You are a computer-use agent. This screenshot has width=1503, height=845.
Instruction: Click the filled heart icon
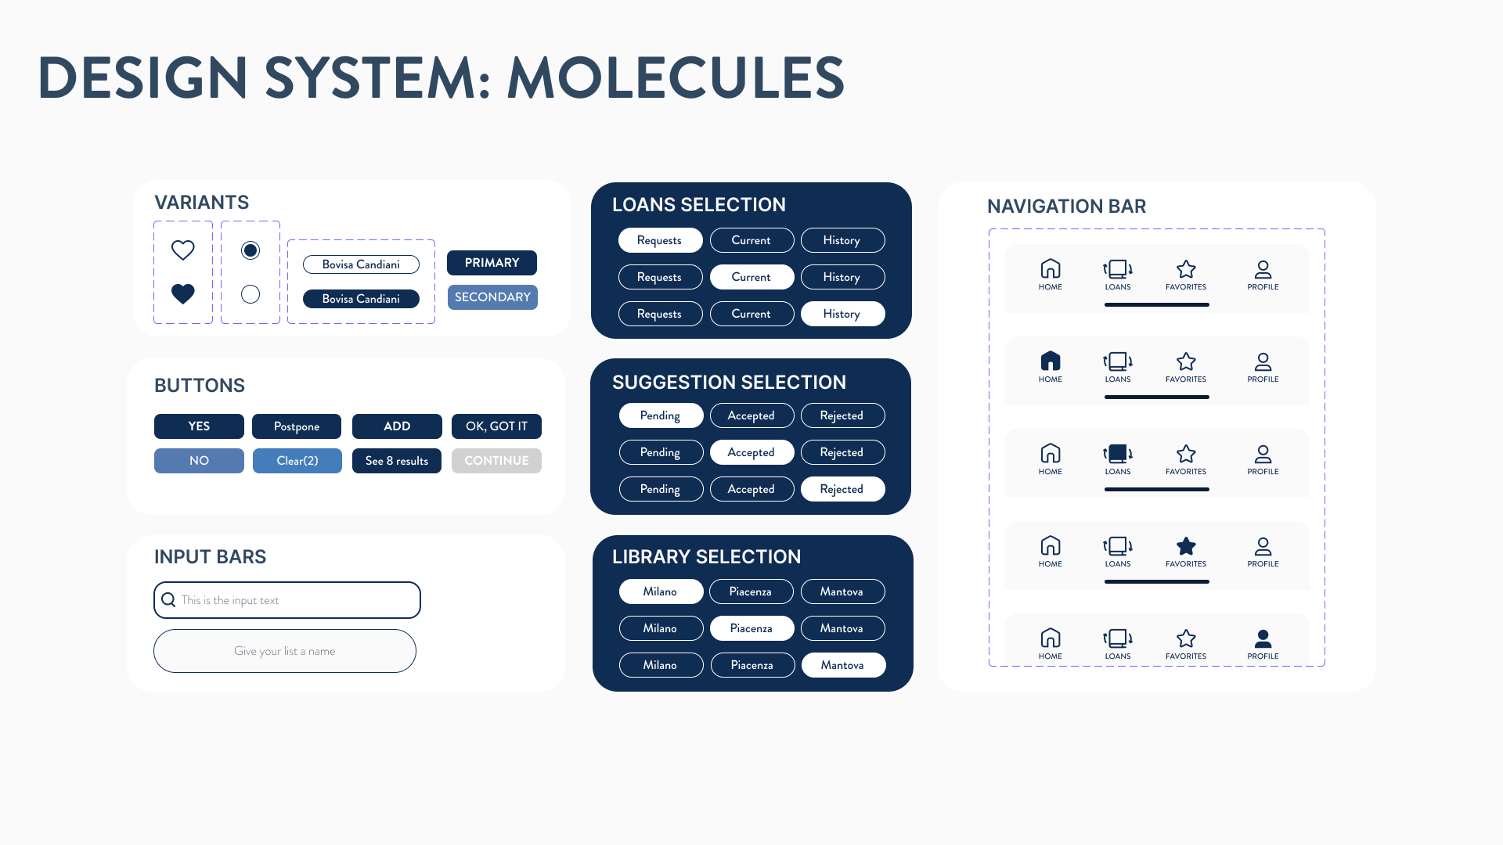coord(183,294)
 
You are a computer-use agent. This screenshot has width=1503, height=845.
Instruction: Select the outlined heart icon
coord(183,250)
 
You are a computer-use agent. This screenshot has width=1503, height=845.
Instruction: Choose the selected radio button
coord(250,250)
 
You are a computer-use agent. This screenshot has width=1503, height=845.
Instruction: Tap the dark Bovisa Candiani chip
coord(361,299)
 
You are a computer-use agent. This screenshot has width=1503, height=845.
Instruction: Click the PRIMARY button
coord(492,263)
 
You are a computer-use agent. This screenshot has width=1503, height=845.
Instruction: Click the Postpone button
coord(297,426)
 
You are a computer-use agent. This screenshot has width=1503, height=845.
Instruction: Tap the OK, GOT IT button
coord(496,426)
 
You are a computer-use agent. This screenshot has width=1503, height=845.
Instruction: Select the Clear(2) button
coord(297,461)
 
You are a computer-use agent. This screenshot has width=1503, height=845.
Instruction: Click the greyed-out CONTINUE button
coord(496,461)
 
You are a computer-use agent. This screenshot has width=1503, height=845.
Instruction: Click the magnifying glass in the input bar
coord(168,600)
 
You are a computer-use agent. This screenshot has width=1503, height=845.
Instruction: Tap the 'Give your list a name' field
coord(285,651)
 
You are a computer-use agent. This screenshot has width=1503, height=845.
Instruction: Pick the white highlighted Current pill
coord(751,277)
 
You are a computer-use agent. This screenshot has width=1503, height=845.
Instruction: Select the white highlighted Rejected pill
coord(842,489)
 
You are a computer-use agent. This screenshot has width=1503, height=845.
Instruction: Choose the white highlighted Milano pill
coord(661,591)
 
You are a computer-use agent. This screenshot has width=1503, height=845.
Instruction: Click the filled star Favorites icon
coord(1186,546)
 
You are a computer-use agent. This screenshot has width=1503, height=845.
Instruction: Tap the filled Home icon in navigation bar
coord(1051,361)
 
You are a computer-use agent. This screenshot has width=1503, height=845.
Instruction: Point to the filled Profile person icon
coord(1263,638)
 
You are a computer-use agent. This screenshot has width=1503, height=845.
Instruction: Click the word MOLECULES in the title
coord(676,78)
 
